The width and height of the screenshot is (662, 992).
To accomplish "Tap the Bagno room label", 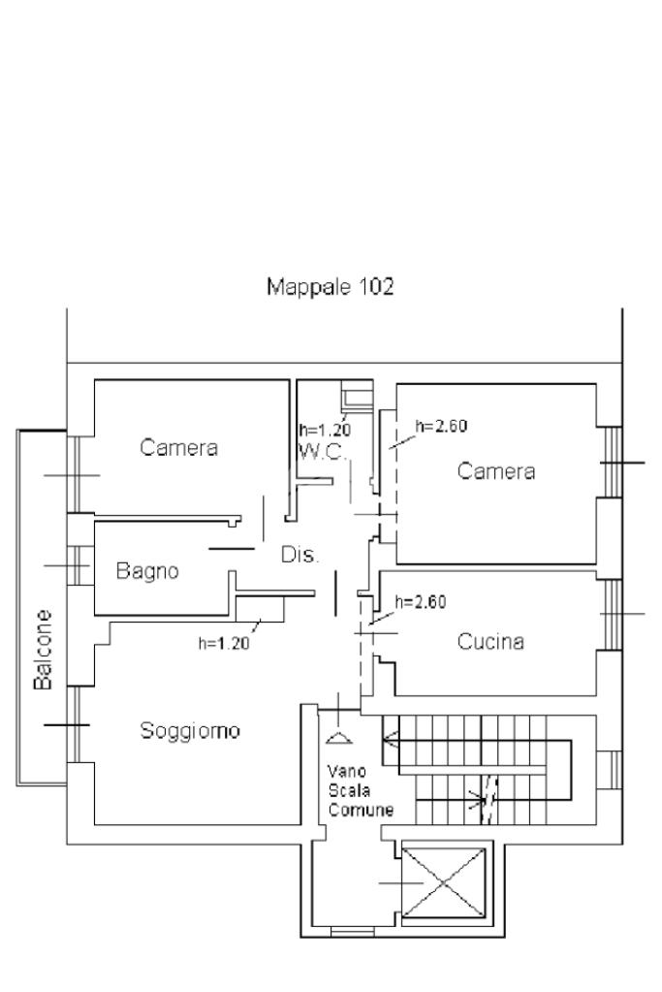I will click(x=147, y=571).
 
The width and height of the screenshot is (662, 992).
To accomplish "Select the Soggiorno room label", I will click(x=189, y=730).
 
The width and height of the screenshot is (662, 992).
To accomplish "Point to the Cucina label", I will click(x=490, y=641).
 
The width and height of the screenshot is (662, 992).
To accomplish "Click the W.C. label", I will click(x=320, y=452).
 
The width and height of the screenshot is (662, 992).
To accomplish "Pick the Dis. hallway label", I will click(x=299, y=555).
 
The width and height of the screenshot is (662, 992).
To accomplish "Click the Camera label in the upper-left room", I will click(x=179, y=448).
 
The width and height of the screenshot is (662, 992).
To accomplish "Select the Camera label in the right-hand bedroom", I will click(x=496, y=471).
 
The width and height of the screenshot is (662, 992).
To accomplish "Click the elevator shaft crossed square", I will click(x=445, y=882).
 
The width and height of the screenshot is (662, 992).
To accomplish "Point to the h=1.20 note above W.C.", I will click(x=323, y=430).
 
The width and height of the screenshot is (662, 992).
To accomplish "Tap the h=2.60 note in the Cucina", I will click(x=421, y=601).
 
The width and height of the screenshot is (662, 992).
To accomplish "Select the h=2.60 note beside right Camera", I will click(x=441, y=426).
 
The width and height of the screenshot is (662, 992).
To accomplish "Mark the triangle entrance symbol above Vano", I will click(x=337, y=738).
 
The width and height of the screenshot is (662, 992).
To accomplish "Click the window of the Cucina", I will click(x=609, y=614).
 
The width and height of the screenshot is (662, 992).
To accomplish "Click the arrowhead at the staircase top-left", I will click(x=389, y=744).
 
